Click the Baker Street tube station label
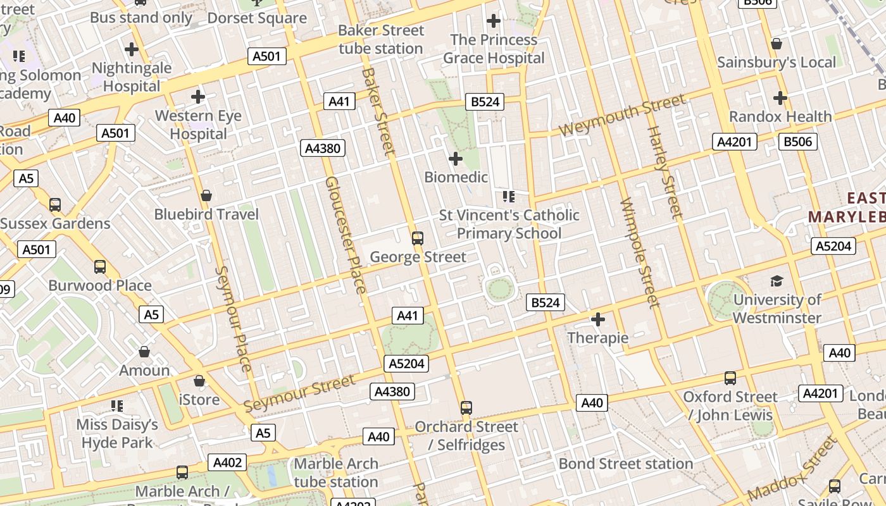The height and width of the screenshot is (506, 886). pyautogui.click(x=380, y=39)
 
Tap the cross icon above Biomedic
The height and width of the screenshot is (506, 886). pyautogui.click(x=455, y=159)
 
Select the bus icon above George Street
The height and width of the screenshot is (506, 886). pyautogui.click(x=418, y=238)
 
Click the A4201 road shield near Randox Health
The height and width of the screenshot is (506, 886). pyautogui.click(x=735, y=142)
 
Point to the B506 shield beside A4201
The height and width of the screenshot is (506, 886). pyautogui.click(x=797, y=142)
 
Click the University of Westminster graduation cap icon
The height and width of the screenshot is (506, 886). pyautogui.click(x=777, y=281)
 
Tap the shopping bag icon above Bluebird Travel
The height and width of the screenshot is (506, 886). pyautogui.click(x=206, y=196)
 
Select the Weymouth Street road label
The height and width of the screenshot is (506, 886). pyautogui.click(x=622, y=114)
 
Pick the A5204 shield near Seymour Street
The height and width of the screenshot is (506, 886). pyautogui.click(x=406, y=364)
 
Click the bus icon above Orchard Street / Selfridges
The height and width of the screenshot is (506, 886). pyautogui.click(x=466, y=408)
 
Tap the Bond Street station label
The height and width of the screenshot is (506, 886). pyautogui.click(x=625, y=464)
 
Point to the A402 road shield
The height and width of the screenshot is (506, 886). pyautogui.click(x=227, y=463)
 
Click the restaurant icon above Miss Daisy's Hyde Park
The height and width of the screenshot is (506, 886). pyautogui.click(x=117, y=405)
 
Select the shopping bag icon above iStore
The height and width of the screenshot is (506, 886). pyautogui.click(x=199, y=381)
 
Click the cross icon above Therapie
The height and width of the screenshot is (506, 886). pyautogui.click(x=597, y=319)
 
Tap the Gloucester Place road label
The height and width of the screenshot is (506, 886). pyautogui.click(x=345, y=235)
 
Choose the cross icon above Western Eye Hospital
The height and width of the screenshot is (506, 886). pyautogui.click(x=198, y=97)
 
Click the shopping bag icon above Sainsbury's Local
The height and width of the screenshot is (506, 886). pyautogui.click(x=777, y=44)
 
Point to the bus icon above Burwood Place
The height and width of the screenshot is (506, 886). pyautogui.click(x=100, y=267)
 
